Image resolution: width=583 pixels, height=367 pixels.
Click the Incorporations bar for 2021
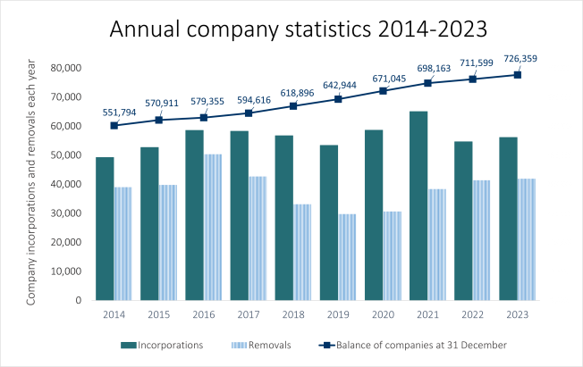point(418,205)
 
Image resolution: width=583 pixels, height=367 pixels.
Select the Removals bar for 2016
point(213,227)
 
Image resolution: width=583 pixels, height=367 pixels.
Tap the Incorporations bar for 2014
point(105,228)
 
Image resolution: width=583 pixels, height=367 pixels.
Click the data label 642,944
point(338,86)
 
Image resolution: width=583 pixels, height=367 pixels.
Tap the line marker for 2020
point(383,91)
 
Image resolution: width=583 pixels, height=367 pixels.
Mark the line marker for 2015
point(158,120)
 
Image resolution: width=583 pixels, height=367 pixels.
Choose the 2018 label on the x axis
point(293,313)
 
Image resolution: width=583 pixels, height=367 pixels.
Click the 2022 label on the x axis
point(472,313)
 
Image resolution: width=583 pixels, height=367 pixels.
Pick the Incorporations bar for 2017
point(240,215)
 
